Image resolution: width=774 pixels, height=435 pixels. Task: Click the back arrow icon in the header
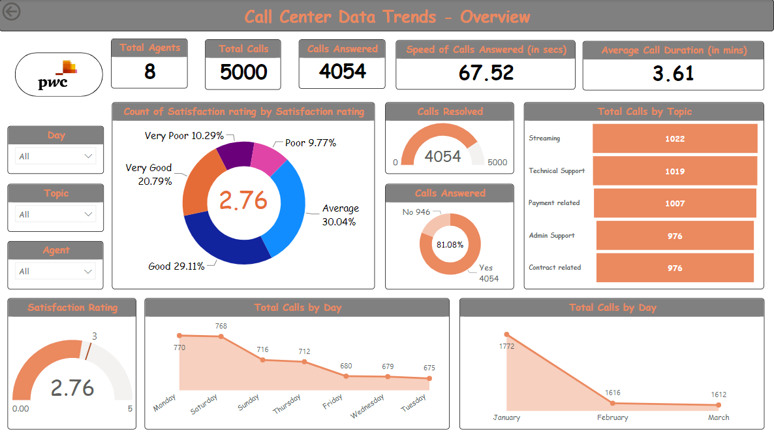tap(12, 12)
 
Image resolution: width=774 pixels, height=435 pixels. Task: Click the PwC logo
tap(59, 74)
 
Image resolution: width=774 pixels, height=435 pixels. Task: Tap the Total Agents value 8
tap(149, 71)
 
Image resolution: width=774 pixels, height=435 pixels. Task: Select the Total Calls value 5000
tap(243, 72)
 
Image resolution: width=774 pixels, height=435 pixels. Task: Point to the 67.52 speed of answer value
tap(486, 72)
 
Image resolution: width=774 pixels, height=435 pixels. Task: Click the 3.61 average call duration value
tap(673, 73)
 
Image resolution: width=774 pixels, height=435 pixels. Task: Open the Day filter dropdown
tap(56, 157)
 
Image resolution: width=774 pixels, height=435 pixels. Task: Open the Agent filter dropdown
tap(56, 272)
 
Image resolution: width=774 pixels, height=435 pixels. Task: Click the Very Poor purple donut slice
tap(235, 153)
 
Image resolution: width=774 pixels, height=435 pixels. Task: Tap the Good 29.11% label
tap(176, 266)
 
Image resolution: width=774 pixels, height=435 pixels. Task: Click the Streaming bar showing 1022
tap(674, 138)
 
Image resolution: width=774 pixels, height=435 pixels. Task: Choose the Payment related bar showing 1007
tap(674, 203)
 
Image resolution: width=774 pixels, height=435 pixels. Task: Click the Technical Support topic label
tap(557, 171)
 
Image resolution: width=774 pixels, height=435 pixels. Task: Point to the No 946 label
tap(416, 212)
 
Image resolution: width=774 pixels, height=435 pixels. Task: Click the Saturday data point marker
tap(221, 336)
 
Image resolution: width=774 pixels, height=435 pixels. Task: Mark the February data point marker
tap(612, 403)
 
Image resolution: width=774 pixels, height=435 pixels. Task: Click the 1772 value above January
tap(506, 346)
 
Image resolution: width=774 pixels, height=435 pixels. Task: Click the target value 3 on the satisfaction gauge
tap(94, 336)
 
